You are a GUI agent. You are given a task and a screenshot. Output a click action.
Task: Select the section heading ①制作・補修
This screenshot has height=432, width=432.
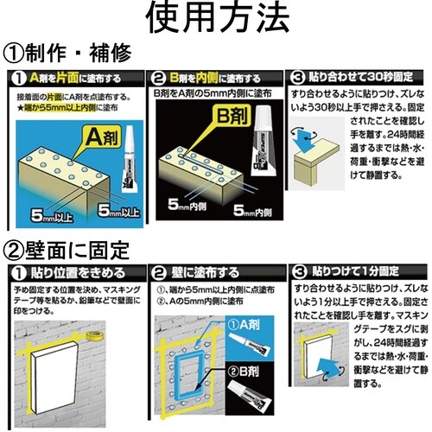tap(69, 54)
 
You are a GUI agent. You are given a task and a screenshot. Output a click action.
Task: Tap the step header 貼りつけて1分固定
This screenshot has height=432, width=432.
tap(363, 271)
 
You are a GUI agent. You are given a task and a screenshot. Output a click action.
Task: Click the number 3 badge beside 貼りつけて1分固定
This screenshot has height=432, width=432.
tap(297, 271)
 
